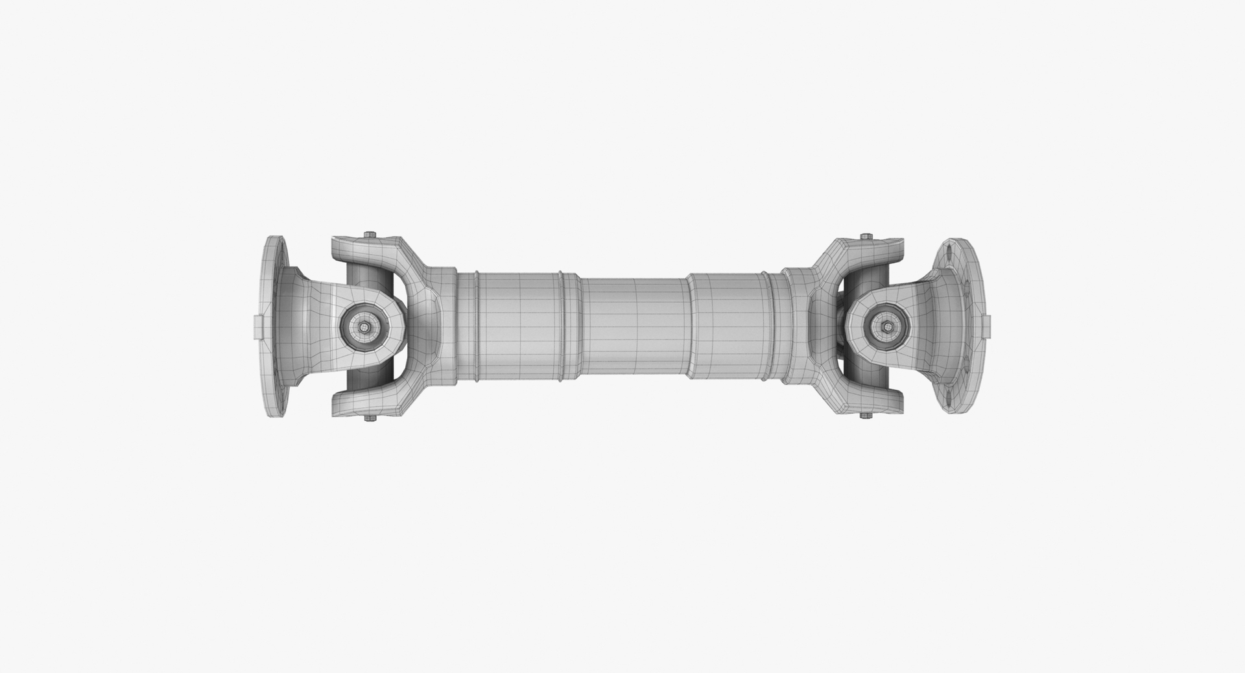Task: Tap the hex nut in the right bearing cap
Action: pos(886,327)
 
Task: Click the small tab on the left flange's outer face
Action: pos(257,326)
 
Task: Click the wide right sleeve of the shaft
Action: pos(729,326)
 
